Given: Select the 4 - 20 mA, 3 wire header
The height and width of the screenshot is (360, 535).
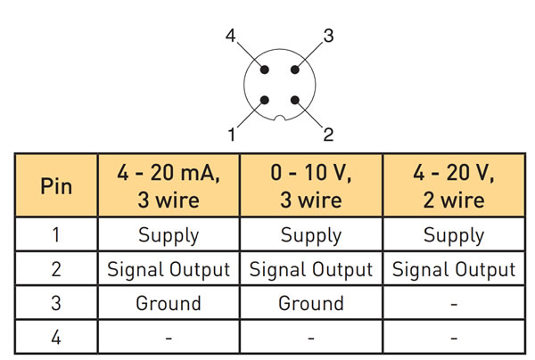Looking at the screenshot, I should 168,187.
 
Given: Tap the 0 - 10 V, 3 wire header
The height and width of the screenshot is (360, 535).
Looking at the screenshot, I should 311,187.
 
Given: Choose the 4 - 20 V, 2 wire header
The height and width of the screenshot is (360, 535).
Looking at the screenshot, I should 454,187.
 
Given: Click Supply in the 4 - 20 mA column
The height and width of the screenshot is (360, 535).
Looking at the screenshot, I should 168,236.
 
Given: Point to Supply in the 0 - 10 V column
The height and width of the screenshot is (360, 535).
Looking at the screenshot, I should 311,236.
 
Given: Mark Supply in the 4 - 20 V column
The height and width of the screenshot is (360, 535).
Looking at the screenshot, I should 454,236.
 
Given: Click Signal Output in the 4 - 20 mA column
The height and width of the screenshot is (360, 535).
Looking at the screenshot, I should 168,269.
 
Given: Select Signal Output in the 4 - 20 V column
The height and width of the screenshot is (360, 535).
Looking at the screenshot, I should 454,269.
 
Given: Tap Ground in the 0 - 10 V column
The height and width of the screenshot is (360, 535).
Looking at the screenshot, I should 311,303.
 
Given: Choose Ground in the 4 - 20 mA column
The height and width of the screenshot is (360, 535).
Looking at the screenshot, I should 168,303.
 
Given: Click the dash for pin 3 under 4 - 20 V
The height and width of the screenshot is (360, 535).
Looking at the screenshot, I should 454,304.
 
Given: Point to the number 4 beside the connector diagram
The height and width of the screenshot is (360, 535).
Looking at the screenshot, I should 231,37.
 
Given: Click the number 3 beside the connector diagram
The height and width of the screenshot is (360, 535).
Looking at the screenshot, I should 328,37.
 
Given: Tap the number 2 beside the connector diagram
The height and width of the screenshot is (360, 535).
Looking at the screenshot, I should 328,135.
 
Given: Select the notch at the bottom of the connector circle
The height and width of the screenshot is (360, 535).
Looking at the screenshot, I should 280,119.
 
